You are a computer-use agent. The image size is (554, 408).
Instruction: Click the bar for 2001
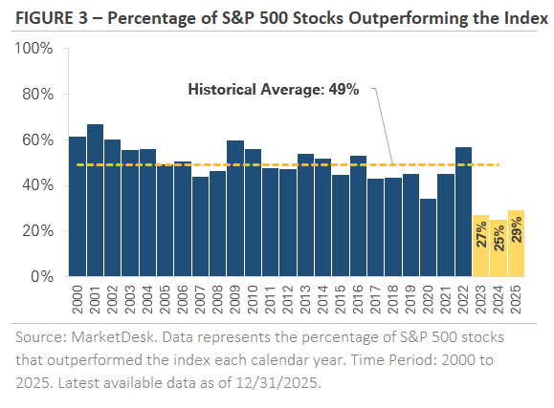pyautogui.click(x=95, y=201)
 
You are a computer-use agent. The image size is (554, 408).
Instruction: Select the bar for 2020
pyautogui.click(x=429, y=238)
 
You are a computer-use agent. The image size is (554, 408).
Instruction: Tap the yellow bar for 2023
pyautogui.click(x=481, y=247)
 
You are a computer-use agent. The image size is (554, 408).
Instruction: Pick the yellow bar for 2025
pyautogui.click(x=516, y=244)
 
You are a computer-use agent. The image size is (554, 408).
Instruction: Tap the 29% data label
pyautogui.click(x=516, y=232)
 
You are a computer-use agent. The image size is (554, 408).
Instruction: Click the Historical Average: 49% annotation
pyautogui.click(x=273, y=90)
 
